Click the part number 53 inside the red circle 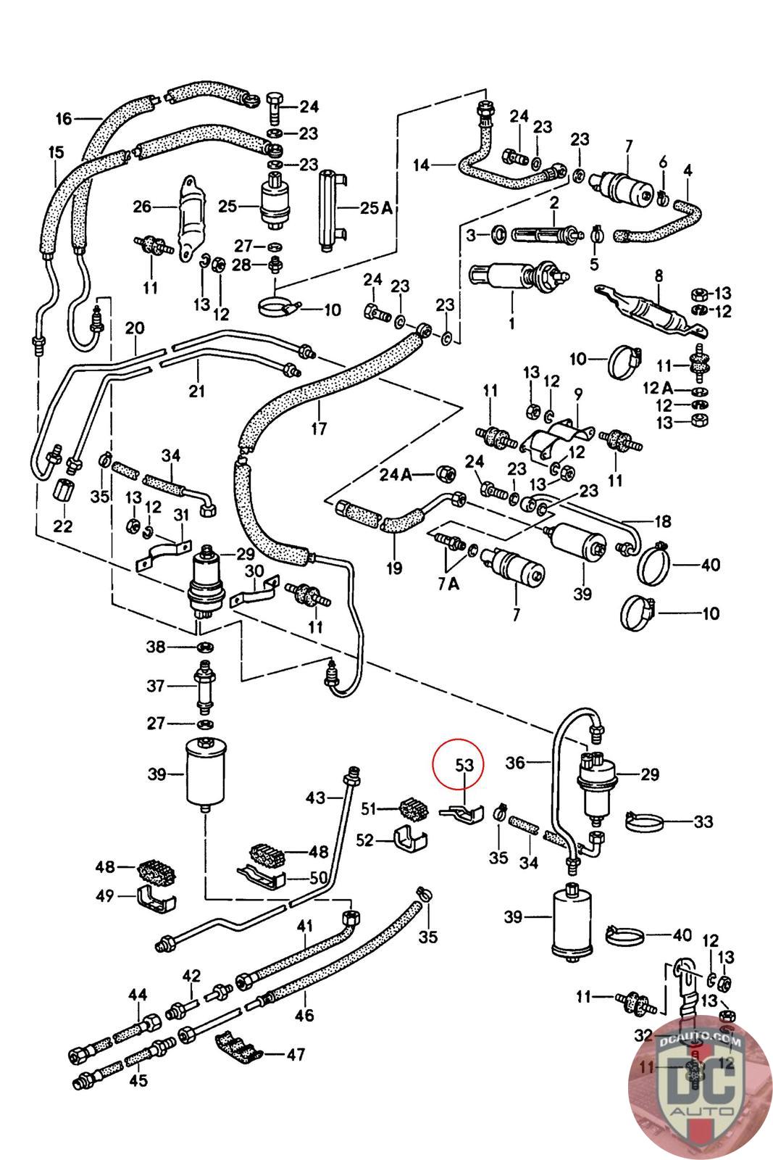click(x=464, y=765)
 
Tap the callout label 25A click(x=377, y=208)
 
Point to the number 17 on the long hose click(x=319, y=428)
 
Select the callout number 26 click(x=141, y=207)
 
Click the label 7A click(x=449, y=584)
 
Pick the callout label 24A click(x=396, y=475)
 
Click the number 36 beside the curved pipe click(x=535, y=763)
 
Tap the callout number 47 click(x=295, y=1053)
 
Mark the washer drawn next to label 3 click(x=499, y=234)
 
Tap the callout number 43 click(x=316, y=798)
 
